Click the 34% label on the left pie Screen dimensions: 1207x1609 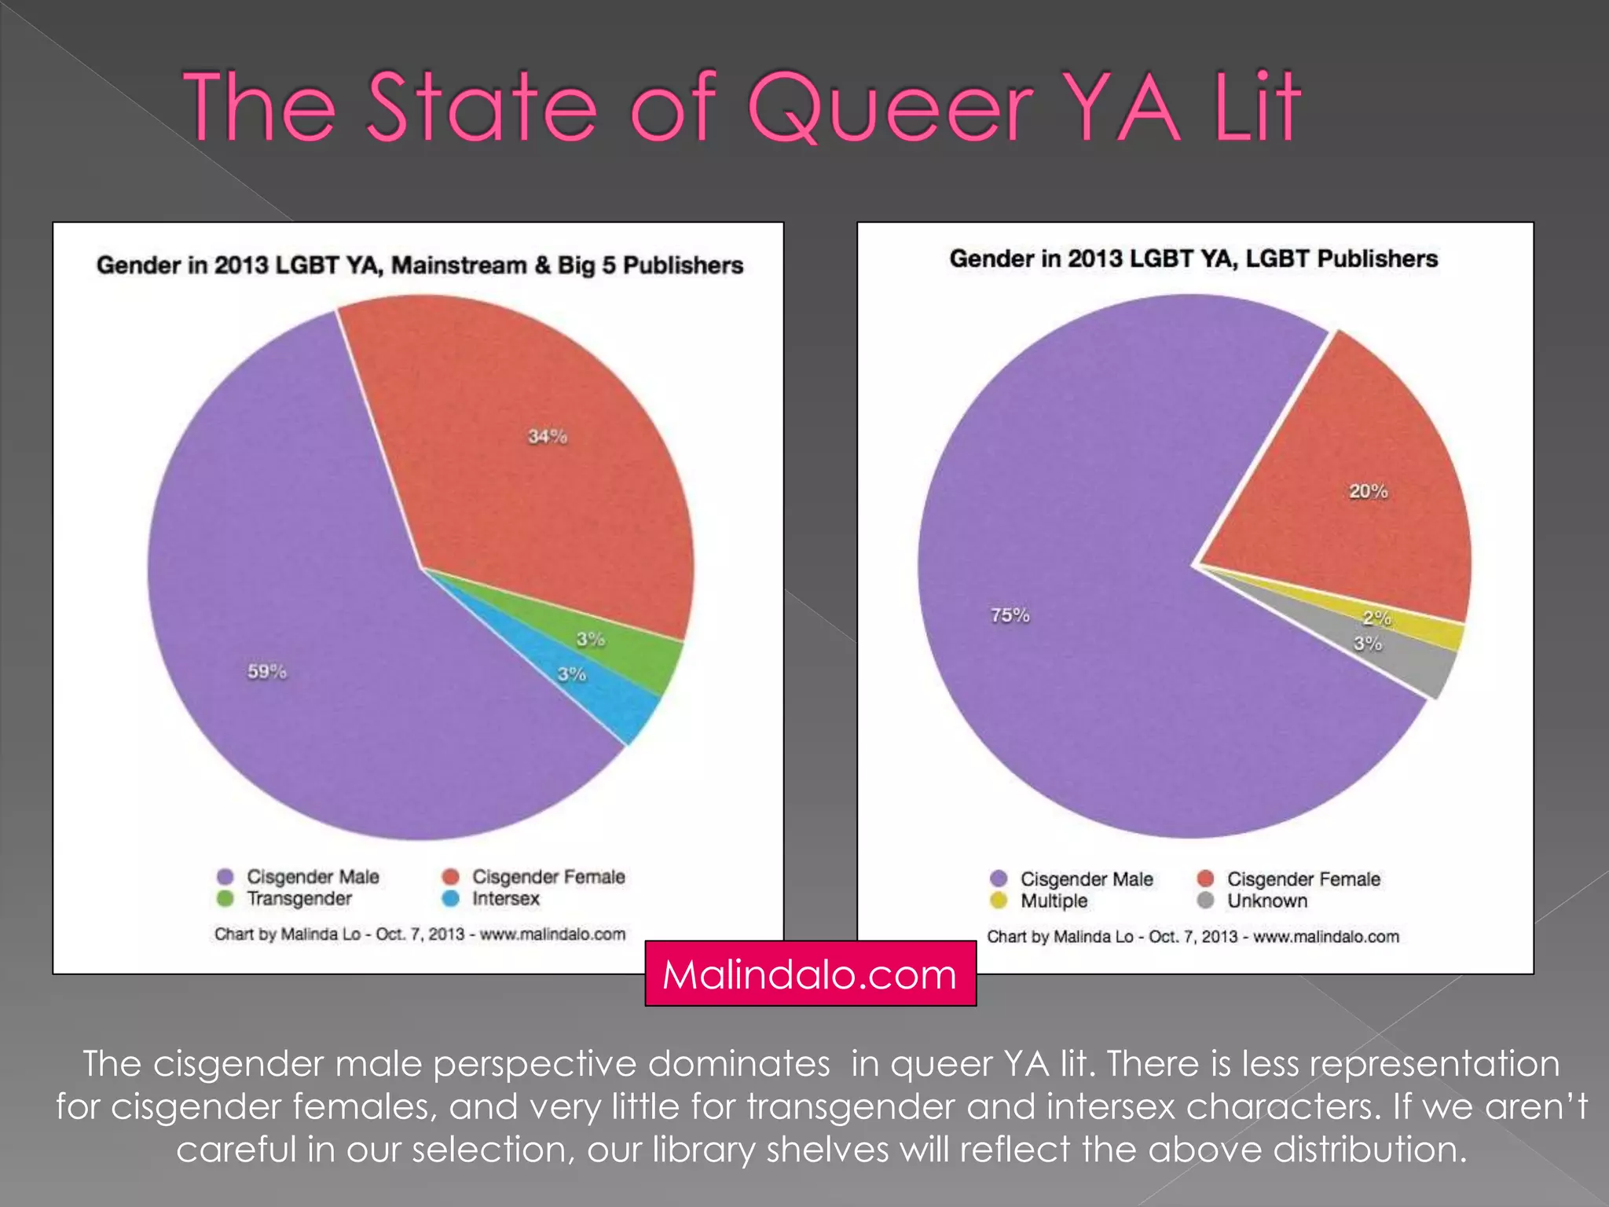547,436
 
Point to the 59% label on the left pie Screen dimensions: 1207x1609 267,672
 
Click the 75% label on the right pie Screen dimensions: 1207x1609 1010,615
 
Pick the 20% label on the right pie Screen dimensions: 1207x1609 1368,491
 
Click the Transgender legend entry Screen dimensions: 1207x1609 299,898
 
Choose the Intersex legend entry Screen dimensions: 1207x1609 505,898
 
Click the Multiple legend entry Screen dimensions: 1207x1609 1054,901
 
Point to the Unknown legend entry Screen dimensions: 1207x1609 1266,901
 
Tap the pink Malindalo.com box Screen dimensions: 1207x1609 810,974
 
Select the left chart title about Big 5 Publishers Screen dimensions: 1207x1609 420,266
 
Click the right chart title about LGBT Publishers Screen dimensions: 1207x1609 1193,259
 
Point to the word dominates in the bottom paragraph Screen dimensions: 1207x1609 739,1064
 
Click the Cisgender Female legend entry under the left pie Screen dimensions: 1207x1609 548,876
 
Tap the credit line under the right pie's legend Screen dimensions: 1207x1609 1193,937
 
